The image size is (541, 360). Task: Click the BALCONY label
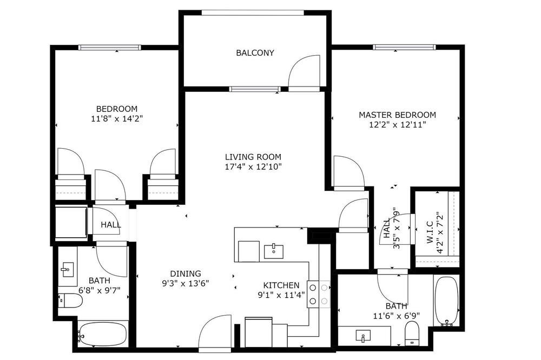255,53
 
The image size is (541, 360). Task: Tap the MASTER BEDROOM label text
398,115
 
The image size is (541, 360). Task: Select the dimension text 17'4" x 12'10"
253,167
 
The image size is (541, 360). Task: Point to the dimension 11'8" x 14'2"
117,119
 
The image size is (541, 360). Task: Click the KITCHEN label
281,285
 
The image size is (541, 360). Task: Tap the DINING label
186,274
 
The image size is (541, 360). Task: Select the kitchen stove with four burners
319,294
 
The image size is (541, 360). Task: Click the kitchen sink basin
274,251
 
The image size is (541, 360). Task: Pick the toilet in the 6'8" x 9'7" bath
70,301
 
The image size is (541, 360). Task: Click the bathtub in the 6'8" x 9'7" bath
102,334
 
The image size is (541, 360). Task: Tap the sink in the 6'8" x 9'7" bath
67,269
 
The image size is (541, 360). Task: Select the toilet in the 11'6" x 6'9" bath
412,333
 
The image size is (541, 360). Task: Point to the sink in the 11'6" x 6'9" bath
363,336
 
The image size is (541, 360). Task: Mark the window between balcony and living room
255,89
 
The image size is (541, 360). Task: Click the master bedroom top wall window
404,47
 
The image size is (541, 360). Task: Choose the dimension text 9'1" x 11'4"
281,295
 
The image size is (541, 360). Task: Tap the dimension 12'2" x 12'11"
398,125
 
